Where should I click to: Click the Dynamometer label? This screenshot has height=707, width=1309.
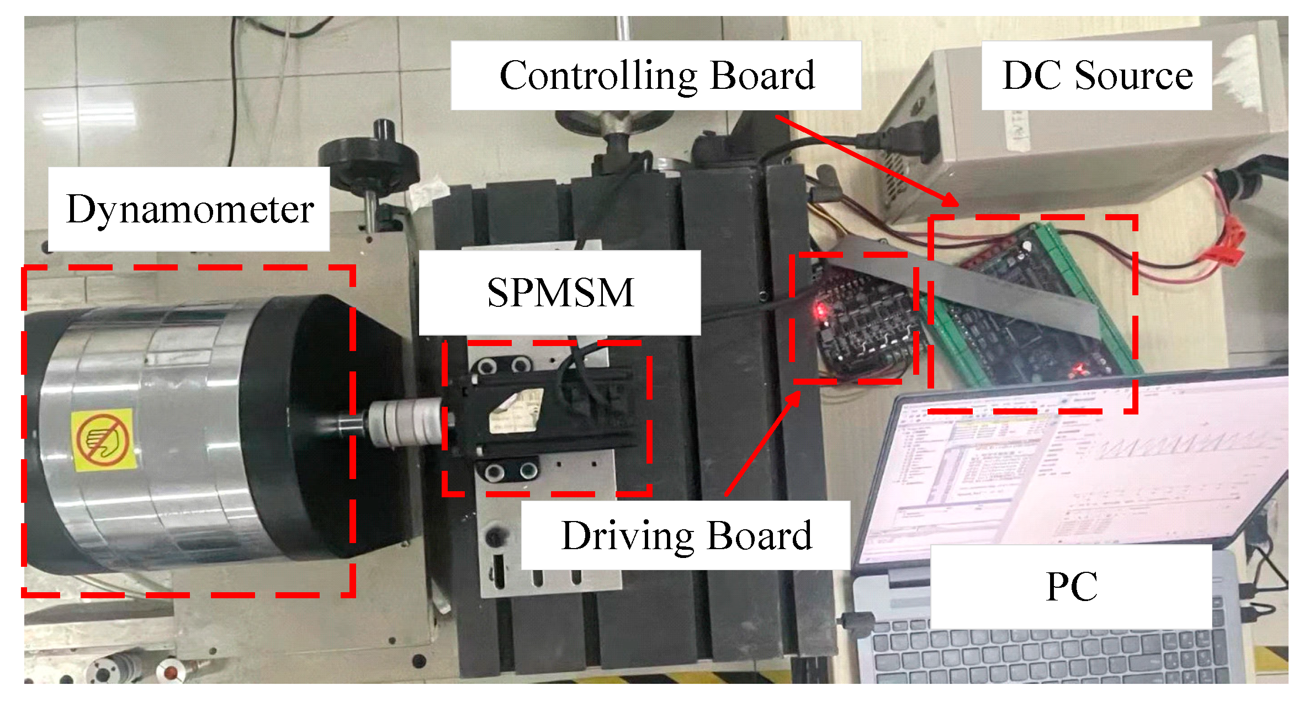(189, 210)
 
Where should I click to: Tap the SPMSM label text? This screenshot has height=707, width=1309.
(560, 293)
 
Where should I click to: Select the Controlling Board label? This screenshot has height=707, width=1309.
(656, 76)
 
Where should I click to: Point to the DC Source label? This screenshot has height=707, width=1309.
(1097, 76)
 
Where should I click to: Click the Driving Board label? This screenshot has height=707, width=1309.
(686, 535)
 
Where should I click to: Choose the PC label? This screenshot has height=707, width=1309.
(1071, 587)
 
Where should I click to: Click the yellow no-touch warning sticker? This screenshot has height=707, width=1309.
(104, 440)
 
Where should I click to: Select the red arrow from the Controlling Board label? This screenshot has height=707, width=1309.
(867, 160)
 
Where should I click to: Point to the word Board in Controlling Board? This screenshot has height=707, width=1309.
(762, 76)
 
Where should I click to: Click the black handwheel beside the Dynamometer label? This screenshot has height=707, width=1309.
(369, 160)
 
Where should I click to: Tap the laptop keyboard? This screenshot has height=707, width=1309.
(1049, 657)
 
